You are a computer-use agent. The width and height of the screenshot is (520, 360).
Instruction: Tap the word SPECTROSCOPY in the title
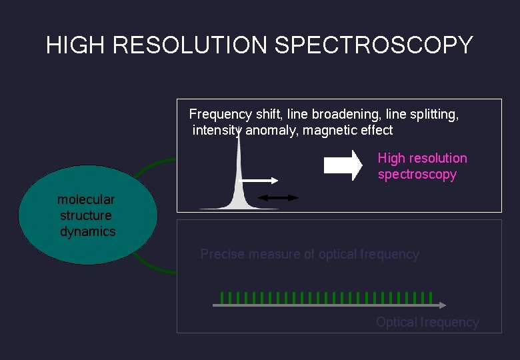point(374,45)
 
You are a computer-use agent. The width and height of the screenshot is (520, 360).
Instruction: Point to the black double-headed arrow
point(279,197)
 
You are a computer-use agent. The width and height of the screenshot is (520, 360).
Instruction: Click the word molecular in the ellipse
point(86,199)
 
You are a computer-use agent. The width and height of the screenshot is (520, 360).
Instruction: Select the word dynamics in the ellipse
point(88,231)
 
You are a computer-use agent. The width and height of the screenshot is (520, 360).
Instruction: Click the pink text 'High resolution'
point(422,158)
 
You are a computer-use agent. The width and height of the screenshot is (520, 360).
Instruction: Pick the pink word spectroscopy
point(417,174)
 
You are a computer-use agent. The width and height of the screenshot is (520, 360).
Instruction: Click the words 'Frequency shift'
point(230,114)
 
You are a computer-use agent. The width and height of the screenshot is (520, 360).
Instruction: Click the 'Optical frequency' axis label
point(427,322)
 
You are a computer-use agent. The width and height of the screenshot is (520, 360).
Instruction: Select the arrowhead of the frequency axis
point(442,305)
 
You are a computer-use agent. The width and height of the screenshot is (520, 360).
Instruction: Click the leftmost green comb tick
point(221,297)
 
